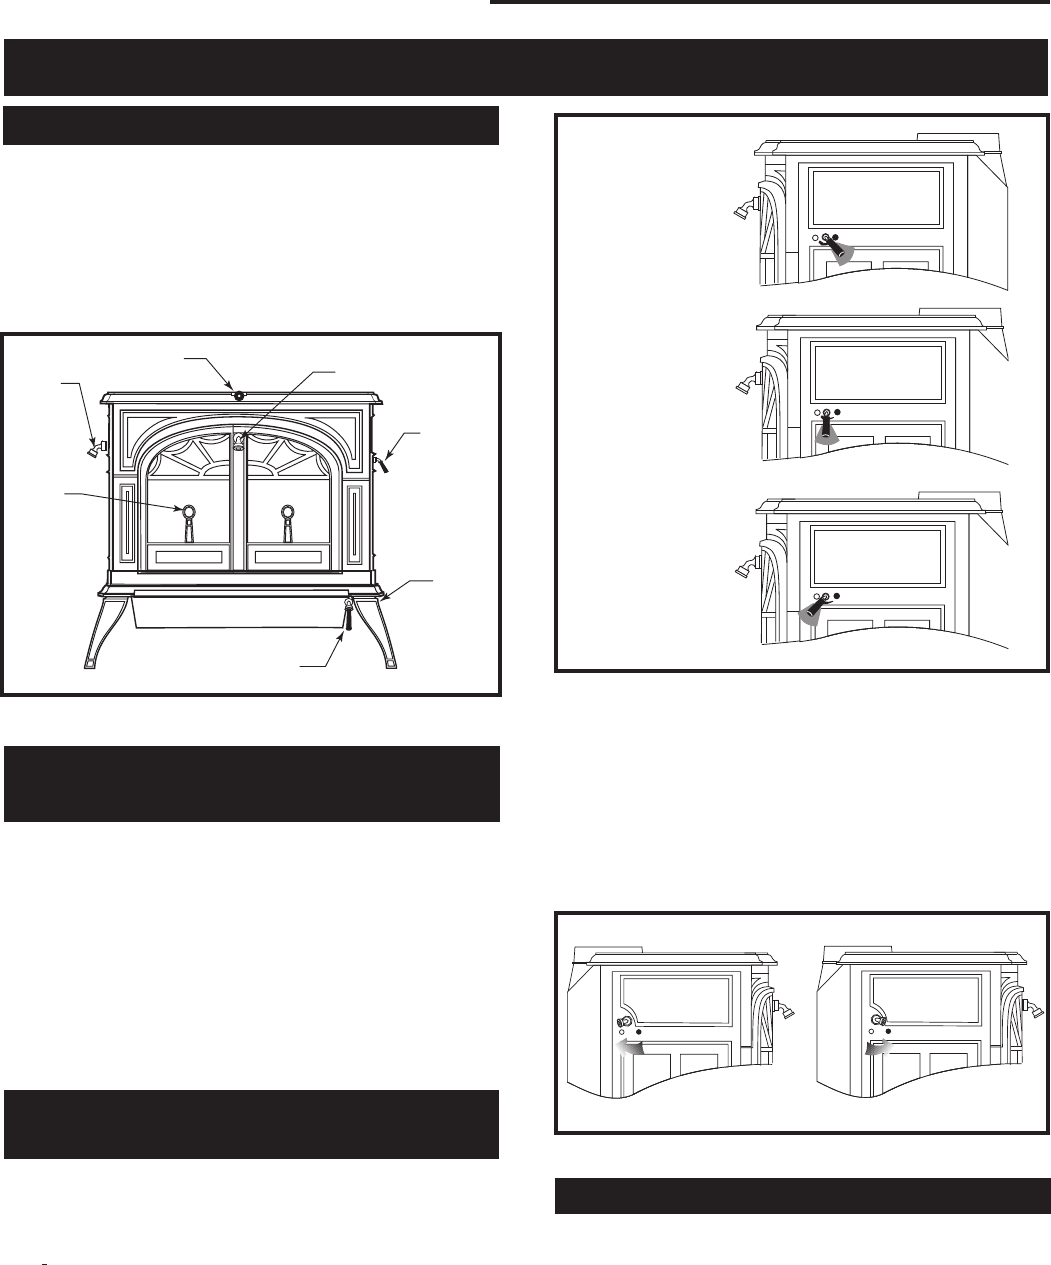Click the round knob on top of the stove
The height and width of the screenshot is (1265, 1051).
[239, 395]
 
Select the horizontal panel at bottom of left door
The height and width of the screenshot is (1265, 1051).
[189, 556]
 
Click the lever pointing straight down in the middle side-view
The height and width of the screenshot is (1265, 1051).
[826, 428]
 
